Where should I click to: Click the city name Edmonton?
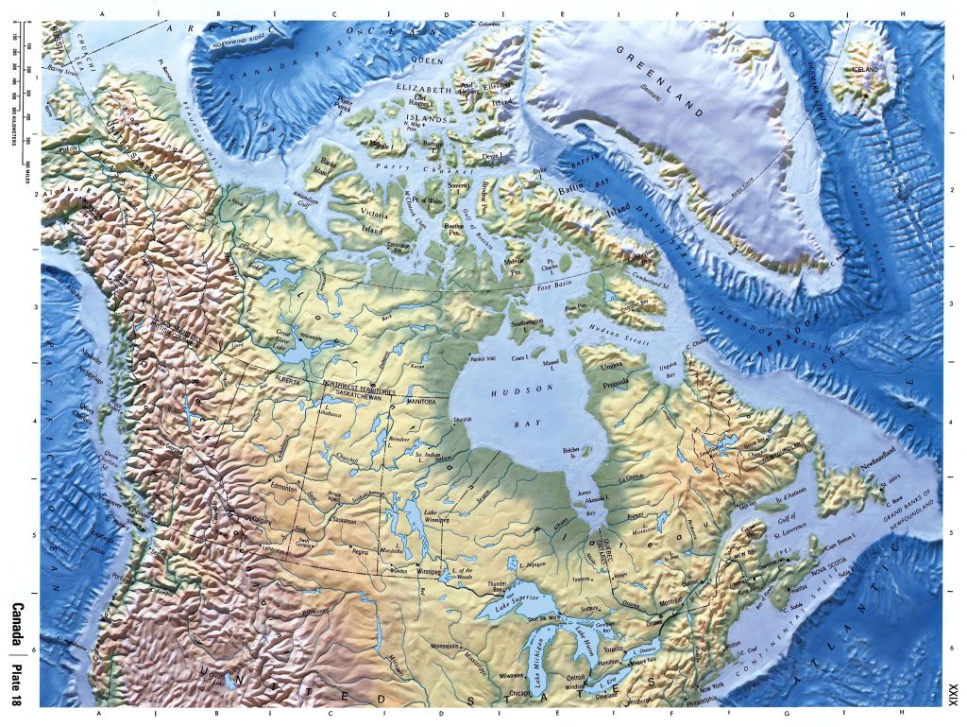pyautogui.click(x=284, y=488)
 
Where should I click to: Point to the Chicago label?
pyautogui.click(x=517, y=692)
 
